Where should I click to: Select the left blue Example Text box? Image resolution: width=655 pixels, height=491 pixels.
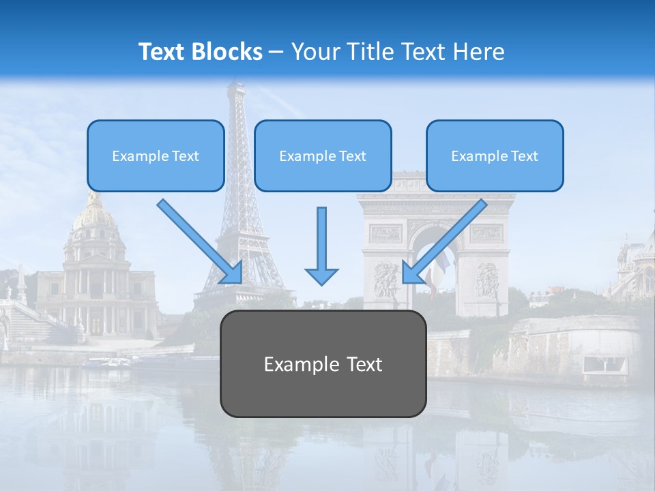pyautogui.click(x=156, y=155)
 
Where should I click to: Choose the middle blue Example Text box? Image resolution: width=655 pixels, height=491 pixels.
pyautogui.click(x=323, y=155)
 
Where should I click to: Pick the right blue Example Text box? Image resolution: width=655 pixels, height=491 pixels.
pyautogui.click(x=495, y=155)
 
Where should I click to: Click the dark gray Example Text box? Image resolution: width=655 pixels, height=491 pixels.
pyautogui.click(x=323, y=363)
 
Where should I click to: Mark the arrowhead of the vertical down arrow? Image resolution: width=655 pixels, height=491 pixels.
pyautogui.click(x=321, y=276)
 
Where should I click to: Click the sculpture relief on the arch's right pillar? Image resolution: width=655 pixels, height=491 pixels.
pyautogui.click(x=487, y=280)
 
